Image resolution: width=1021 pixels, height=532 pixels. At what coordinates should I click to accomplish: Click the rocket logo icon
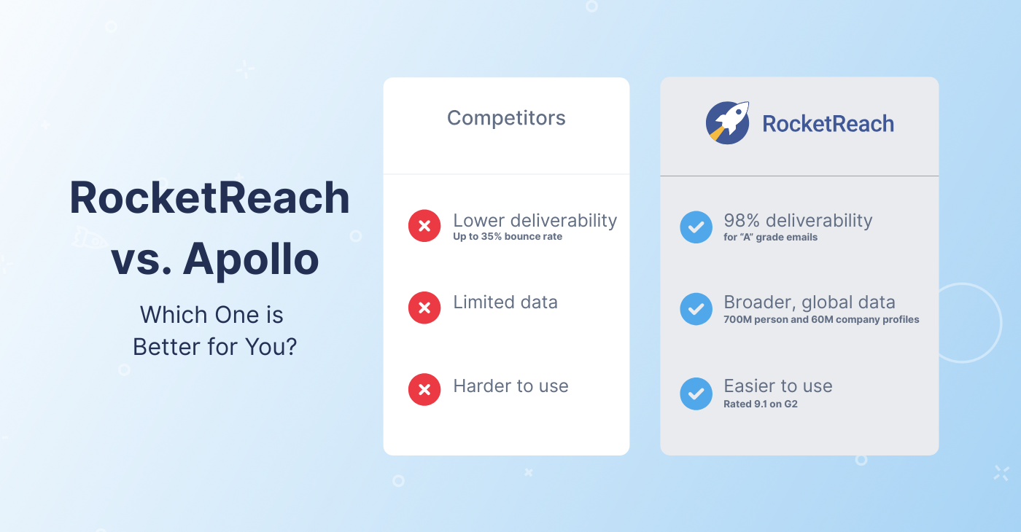728,122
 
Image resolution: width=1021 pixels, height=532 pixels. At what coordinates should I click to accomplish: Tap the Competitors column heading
506,118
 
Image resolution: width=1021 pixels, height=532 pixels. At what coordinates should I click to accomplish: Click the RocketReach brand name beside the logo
828,124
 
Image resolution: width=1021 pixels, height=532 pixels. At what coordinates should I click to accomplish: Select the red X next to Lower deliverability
424,225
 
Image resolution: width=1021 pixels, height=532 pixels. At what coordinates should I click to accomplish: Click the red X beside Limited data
424,308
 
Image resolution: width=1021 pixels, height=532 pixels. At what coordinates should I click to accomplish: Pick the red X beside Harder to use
424,389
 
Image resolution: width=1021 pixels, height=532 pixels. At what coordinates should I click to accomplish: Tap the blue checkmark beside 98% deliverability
696,227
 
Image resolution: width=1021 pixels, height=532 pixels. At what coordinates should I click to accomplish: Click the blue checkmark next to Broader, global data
696,309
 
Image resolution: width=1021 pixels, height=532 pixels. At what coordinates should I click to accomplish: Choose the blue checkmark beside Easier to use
696,394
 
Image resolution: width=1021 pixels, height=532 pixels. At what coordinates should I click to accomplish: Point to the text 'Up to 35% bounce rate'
508,236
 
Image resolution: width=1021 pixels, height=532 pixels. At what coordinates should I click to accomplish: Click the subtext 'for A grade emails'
770,237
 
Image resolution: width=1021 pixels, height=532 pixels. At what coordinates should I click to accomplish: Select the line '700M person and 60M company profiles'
821,319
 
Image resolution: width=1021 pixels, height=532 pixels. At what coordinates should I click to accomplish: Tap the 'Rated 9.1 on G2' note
760,404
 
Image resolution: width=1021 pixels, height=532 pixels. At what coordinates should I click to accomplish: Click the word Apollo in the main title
251,259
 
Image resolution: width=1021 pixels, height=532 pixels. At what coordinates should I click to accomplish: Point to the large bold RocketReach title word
210,197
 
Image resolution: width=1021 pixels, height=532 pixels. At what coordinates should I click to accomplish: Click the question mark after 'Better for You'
290,347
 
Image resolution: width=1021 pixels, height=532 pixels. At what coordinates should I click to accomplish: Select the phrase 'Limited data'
505,302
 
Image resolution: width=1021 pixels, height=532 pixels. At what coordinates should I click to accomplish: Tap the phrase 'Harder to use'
510,386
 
